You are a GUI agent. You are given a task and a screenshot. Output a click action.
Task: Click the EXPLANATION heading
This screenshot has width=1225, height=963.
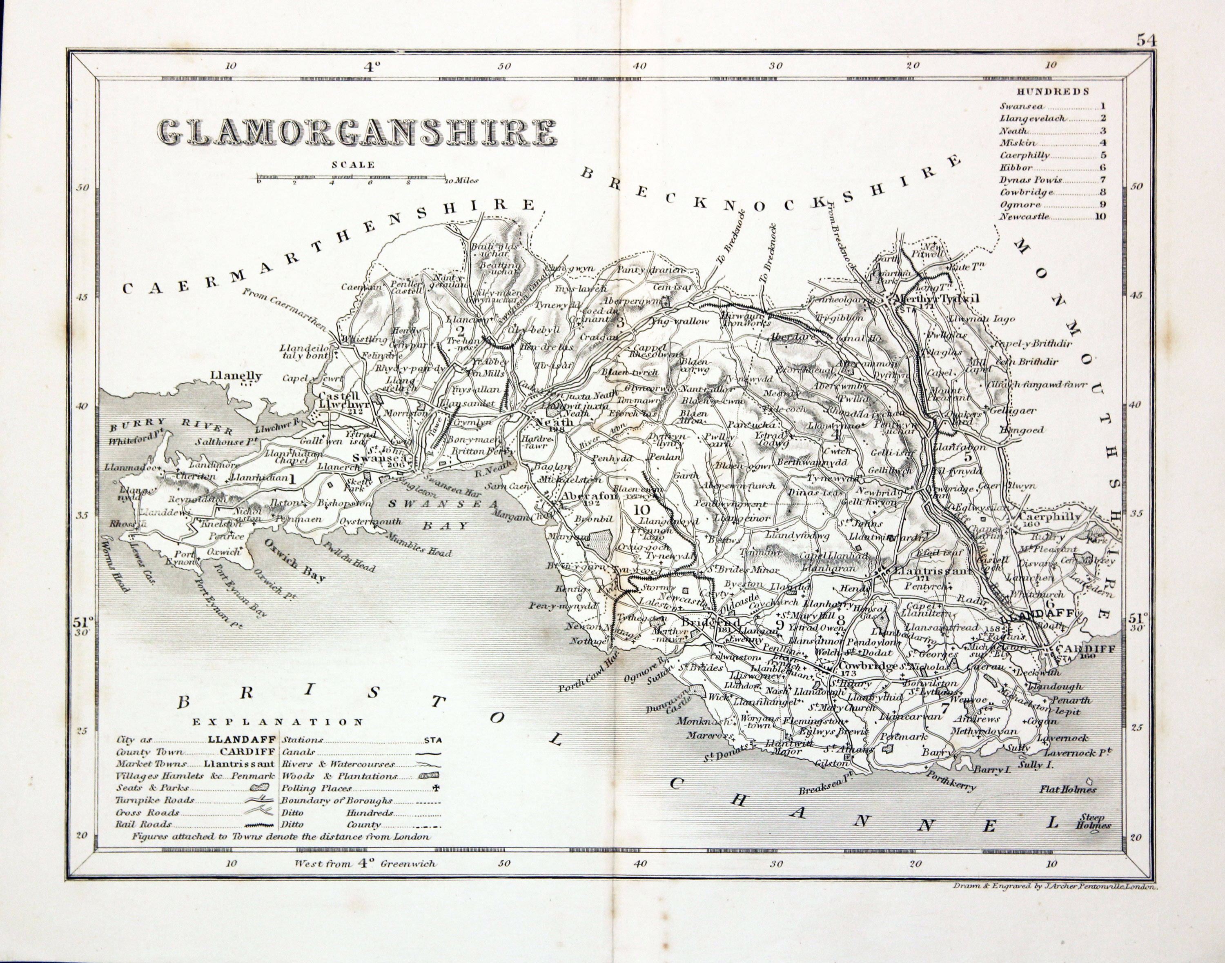[x=278, y=722]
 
